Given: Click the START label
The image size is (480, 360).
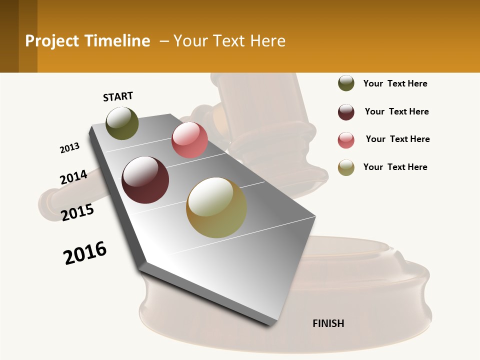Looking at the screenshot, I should [x=118, y=96].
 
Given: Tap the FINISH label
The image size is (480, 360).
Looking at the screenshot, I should [x=328, y=323].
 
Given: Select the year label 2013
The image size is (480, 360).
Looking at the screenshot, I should [x=69, y=148].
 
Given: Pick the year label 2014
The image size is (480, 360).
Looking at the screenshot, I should [x=73, y=177].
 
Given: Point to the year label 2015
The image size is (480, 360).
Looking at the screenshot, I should [x=77, y=212].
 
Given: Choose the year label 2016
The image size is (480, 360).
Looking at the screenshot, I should [x=85, y=253].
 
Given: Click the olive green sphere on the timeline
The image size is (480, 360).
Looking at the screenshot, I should [x=122, y=123].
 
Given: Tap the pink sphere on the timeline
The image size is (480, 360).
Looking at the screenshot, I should [x=189, y=140].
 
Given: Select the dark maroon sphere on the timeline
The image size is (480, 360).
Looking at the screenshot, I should [x=145, y=180].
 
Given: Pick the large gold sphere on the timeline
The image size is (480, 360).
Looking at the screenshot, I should [x=216, y=207].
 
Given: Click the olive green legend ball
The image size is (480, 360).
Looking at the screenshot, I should [x=346, y=83].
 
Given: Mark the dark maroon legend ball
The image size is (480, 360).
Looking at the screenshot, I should [x=346, y=112].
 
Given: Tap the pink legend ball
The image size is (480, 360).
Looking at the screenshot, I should [x=346, y=140].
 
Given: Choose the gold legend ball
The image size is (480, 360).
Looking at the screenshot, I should [x=346, y=167].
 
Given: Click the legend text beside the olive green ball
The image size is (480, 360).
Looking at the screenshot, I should [x=395, y=83].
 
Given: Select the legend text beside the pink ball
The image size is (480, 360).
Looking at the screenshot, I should [x=397, y=139].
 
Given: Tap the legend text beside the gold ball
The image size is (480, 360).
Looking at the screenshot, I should [x=395, y=167].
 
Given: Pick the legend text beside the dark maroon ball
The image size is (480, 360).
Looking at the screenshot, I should [x=396, y=111].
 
